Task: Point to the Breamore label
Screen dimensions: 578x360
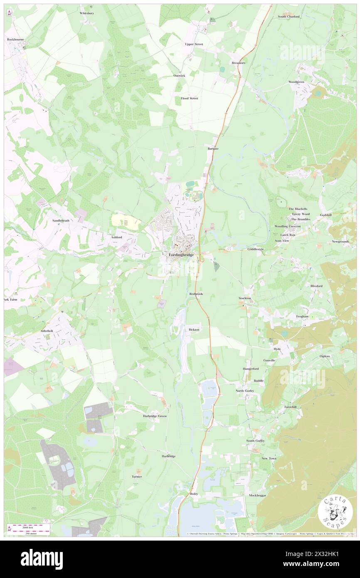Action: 239,63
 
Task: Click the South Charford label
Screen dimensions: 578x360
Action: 288,17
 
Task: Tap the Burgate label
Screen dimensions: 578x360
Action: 213,148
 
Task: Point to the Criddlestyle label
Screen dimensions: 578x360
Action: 256,249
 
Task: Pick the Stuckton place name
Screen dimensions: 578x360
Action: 245,298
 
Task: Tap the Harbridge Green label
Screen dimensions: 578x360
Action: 155,416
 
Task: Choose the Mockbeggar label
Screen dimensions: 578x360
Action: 257,495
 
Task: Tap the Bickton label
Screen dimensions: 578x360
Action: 194,329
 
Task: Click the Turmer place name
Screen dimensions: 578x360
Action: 137,477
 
